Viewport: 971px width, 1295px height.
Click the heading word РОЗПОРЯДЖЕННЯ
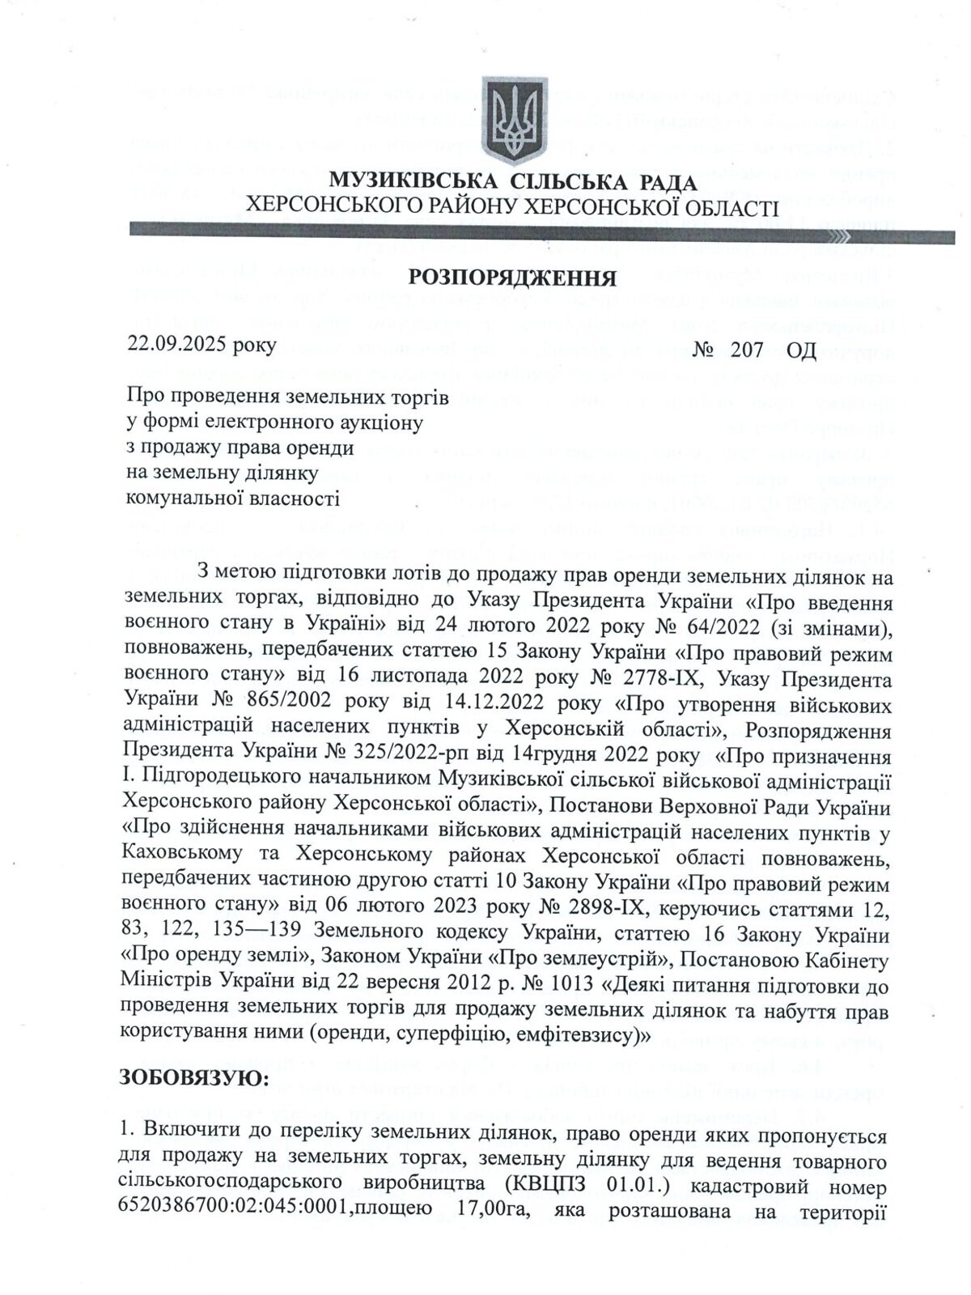tap(512, 278)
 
